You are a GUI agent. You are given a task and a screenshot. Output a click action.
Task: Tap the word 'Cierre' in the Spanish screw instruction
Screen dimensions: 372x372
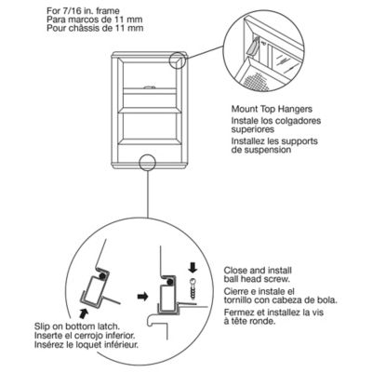tap(239, 290)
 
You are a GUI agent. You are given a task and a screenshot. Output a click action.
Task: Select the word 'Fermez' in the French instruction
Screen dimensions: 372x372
tap(240, 317)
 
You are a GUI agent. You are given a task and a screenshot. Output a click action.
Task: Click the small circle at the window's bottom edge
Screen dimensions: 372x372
tap(148, 165)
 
